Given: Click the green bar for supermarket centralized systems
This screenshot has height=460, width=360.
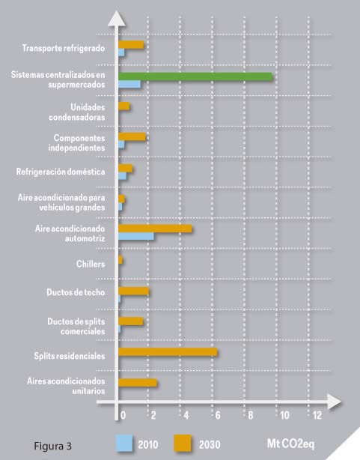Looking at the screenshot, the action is (x=195, y=76).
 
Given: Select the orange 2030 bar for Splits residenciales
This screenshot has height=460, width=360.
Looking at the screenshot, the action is (x=168, y=352).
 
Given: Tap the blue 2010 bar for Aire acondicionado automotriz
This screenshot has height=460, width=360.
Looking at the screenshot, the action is (x=136, y=236).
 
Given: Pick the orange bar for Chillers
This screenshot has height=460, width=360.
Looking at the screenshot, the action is (x=120, y=260).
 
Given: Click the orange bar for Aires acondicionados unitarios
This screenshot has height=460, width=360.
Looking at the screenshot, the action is (x=138, y=383).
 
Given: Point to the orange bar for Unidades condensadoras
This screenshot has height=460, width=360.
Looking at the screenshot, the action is (x=123, y=106).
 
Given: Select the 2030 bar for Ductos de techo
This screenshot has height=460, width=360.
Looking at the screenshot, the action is (x=133, y=291).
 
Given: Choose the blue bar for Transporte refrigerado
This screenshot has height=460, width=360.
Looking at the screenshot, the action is (x=121, y=52).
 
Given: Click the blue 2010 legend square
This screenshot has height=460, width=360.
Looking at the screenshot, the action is (x=123, y=443).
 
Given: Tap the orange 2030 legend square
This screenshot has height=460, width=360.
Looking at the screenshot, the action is (x=183, y=443).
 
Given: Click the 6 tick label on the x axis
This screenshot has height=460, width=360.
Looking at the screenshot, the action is (x=218, y=415).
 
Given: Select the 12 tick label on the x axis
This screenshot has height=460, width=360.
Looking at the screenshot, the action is (x=317, y=415).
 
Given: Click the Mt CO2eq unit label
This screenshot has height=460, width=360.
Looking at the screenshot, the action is (x=290, y=444).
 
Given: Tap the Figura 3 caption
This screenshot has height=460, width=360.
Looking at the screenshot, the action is (x=53, y=446).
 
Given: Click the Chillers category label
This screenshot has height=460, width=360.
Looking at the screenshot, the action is (x=91, y=264).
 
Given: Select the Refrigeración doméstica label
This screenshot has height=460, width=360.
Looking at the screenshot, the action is (x=61, y=172).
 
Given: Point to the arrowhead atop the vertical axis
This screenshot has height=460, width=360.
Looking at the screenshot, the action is (x=117, y=18).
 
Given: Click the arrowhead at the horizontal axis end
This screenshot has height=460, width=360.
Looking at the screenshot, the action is (x=335, y=402).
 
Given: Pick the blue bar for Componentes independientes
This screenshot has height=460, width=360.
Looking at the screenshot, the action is (x=121, y=145).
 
